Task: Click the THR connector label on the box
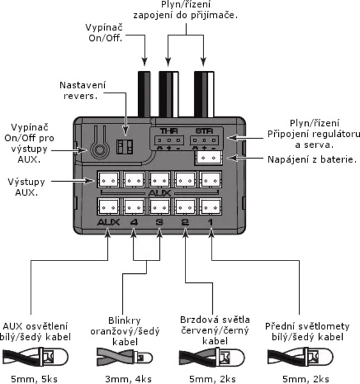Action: point(169,131)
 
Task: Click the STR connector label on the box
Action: point(205,131)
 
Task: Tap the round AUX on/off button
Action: point(100,149)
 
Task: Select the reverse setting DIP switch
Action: point(125,147)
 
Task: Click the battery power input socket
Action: point(208,157)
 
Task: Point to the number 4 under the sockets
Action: point(134,222)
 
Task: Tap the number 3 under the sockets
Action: point(159,222)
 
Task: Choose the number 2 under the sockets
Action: point(185,222)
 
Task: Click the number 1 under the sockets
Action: point(210,222)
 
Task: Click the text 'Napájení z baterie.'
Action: point(312,159)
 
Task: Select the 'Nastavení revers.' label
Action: point(82,91)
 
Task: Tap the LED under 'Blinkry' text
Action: point(144,358)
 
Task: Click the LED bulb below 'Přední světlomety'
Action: point(318,357)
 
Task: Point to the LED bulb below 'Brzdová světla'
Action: point(230,358)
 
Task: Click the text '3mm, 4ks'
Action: point(129,379)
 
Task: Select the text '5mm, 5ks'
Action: point(35,379)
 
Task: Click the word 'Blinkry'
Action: point(125,321)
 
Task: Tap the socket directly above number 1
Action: point(210,207)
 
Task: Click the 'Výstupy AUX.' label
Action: point(26,187)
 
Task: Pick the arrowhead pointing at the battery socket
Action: point(232,158)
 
